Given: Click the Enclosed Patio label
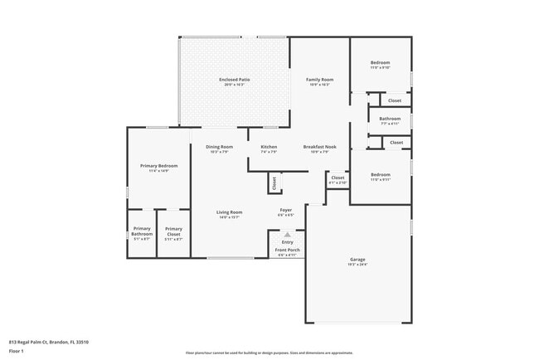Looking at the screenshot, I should [x=235, y=80].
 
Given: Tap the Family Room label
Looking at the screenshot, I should [x=319, y=80].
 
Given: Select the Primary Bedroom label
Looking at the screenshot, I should [x=158, y=166].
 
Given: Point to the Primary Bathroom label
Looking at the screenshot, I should [x=142, y=231].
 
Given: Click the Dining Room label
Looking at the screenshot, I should [x=220, y=147].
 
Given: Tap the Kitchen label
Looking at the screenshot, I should [x=269, y=147].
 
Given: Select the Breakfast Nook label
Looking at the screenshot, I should [x=319, y=147].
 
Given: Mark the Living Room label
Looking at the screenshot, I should [x=230, y=212].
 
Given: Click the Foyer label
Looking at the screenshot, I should [x=285, y=210].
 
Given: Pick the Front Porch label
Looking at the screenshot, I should [x=288, y=250].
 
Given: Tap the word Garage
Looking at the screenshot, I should [x=357, y=260].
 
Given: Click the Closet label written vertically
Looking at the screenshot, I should [x=274, y=183].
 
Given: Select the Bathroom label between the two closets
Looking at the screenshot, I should [x=390, y=119].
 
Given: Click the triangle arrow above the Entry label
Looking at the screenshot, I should [x=288, y=235].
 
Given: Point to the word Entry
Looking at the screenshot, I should [x=288, y=242].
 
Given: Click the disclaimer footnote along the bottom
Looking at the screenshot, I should [x=269, y=353].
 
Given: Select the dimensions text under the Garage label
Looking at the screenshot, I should [x=357, y=265].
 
